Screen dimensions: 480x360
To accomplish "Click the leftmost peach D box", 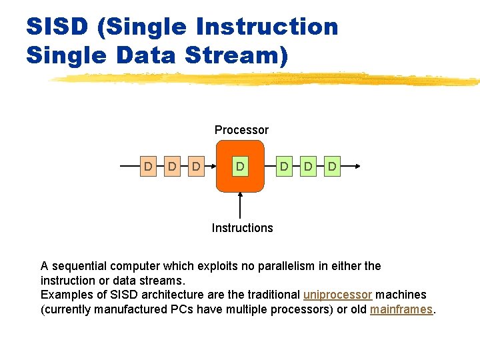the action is click(148, 166).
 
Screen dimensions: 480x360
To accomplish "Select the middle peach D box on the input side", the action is click(172, 166).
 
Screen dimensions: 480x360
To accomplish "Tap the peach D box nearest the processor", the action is click(196, 166).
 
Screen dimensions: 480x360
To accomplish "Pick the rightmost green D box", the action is click(332, 166).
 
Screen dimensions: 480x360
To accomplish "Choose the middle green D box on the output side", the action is click(308, 166).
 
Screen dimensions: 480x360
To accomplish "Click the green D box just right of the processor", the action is click(284, 166).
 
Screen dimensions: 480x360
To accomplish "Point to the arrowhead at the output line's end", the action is click(358, 166).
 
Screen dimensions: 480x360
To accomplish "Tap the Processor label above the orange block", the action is click(241, 130).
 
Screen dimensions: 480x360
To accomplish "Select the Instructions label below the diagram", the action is click(242, 228).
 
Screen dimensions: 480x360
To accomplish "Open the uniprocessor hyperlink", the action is click(337, 295).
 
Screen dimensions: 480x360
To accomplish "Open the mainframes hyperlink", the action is click(401, 309).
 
